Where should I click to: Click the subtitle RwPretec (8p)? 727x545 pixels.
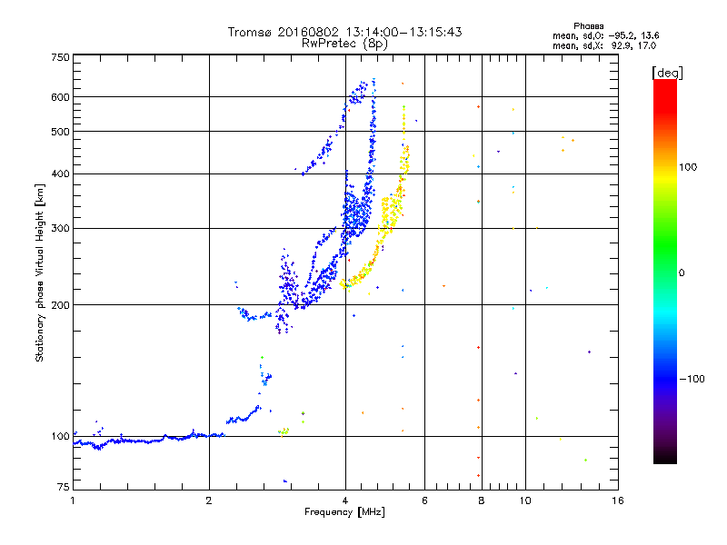[x=344, y=44]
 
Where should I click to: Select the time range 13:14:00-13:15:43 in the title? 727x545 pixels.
[x=403, y=32]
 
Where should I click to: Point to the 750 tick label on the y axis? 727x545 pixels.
[x=60, y=57]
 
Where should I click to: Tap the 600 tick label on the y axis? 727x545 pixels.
[x=60, y=97]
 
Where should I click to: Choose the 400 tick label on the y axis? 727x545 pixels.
[x=60, y=173]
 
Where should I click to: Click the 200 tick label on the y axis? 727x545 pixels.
[x=60, y=305]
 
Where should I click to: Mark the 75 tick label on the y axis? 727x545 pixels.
[x=64, y=487]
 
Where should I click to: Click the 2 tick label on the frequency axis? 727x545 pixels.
[x=209, y=500]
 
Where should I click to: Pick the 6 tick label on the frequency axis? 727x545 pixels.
[x=424, y=500]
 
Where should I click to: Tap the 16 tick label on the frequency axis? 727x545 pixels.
[x=618, y=500]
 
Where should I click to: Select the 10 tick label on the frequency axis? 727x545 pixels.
[x=525, y=500]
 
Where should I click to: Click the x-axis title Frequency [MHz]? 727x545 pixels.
[x=344, y=512]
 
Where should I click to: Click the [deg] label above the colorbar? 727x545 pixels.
[x=667, y=73]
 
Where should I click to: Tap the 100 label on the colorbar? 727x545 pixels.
[x=688, y=167]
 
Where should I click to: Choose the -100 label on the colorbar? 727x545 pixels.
[x=692, y=379]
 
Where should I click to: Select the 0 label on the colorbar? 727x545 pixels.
[x=682, y=272]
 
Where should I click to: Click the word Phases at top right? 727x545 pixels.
[x=588, y=26]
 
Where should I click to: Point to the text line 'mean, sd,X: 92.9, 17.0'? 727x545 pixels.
[x=604, y=45]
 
